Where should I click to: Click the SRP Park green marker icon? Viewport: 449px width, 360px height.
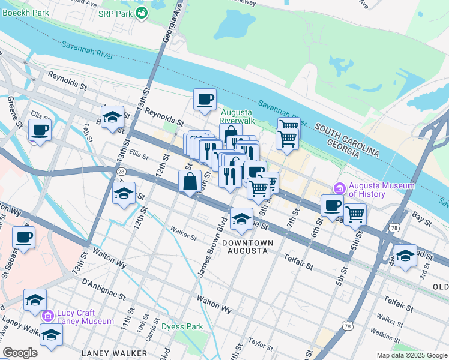(142, 13)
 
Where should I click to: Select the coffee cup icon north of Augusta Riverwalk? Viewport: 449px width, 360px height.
(205, 100)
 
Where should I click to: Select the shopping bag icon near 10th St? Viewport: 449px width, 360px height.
(190, 181)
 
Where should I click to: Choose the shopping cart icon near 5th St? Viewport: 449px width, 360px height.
(355, 214)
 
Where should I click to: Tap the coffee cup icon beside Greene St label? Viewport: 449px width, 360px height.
(40, 130)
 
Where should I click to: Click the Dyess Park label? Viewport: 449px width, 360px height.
(181, 327)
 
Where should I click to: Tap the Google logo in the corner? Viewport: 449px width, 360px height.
(20, 353)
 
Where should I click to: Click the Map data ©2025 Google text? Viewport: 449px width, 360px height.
(411, 355)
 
